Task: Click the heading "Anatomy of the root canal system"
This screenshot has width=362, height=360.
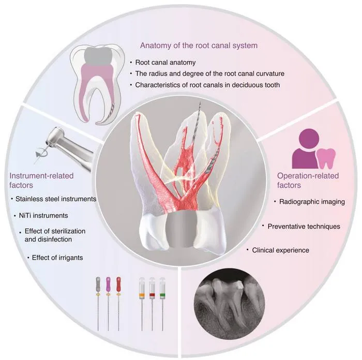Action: pyautogui.click(x=199, y=46)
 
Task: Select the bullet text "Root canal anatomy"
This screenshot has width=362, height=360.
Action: pyautogui.click(x=165, y=63)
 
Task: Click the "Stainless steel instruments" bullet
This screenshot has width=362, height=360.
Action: pyautogui.click(x=56, y=199)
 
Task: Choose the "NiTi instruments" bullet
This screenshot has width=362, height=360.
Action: pyautogui.click(x=43, y=216)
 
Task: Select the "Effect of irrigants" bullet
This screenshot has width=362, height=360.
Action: pyautogui.click(x=57, y=258)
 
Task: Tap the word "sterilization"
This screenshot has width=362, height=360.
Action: pyautogui.click(x=67, y=231)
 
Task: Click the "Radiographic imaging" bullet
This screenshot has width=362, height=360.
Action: pyautogui.click(x=312, y=202)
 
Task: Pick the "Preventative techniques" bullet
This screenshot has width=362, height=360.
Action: pyautogui.click(x=304, y=227)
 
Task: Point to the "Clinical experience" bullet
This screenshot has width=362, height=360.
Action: pyautogui.click(x=280, y=250)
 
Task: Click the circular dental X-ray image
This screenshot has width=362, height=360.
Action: pyautogui.click(x=229, y=304)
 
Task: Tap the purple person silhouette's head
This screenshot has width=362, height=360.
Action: pyautogui.click(x=309, y=139)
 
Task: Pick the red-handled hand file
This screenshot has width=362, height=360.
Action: pyautogui.click(x=118, y=303)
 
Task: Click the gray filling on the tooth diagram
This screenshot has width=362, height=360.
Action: pyautogui.click(x=98, y=56)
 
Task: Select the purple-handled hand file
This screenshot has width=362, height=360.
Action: pyautogui.click(x=108, y=303)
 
